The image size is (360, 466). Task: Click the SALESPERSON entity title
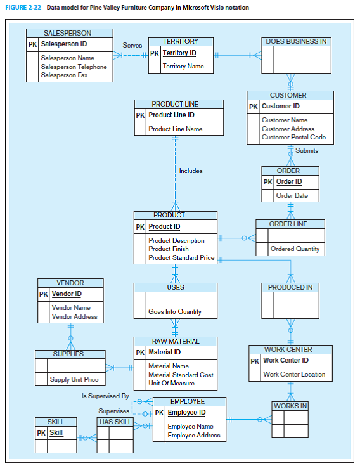(x=67, y=33)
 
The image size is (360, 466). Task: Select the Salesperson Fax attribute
(x=64, y=75)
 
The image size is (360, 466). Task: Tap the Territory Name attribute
(x=183, y=66)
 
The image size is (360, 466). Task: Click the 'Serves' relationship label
(x=132, y=46)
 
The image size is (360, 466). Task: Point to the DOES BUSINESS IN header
(x=296, y=41)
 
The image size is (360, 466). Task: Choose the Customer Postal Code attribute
(x=293, y=137)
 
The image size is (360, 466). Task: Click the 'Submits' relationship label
(x=307, y=151)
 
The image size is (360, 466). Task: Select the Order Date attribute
(x=292, y=195)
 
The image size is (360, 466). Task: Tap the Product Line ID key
(x=171, y=115)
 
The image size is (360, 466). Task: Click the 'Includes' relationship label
(x=191, y=171)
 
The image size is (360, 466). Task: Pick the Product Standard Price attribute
(x=181, y=258)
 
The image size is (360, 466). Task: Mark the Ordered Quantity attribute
(x=295, y=249)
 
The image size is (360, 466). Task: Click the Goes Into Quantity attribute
(x=174, y=312)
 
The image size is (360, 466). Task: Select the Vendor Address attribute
(x=74, y=316)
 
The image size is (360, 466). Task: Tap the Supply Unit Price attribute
(x=74, y=380)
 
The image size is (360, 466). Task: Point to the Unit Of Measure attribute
(x=171, y=384)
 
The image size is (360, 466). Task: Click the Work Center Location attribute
(x=294, y=374)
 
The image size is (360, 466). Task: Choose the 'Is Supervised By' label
(x=105, y=396)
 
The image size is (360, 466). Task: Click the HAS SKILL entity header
(x=115, y=422)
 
